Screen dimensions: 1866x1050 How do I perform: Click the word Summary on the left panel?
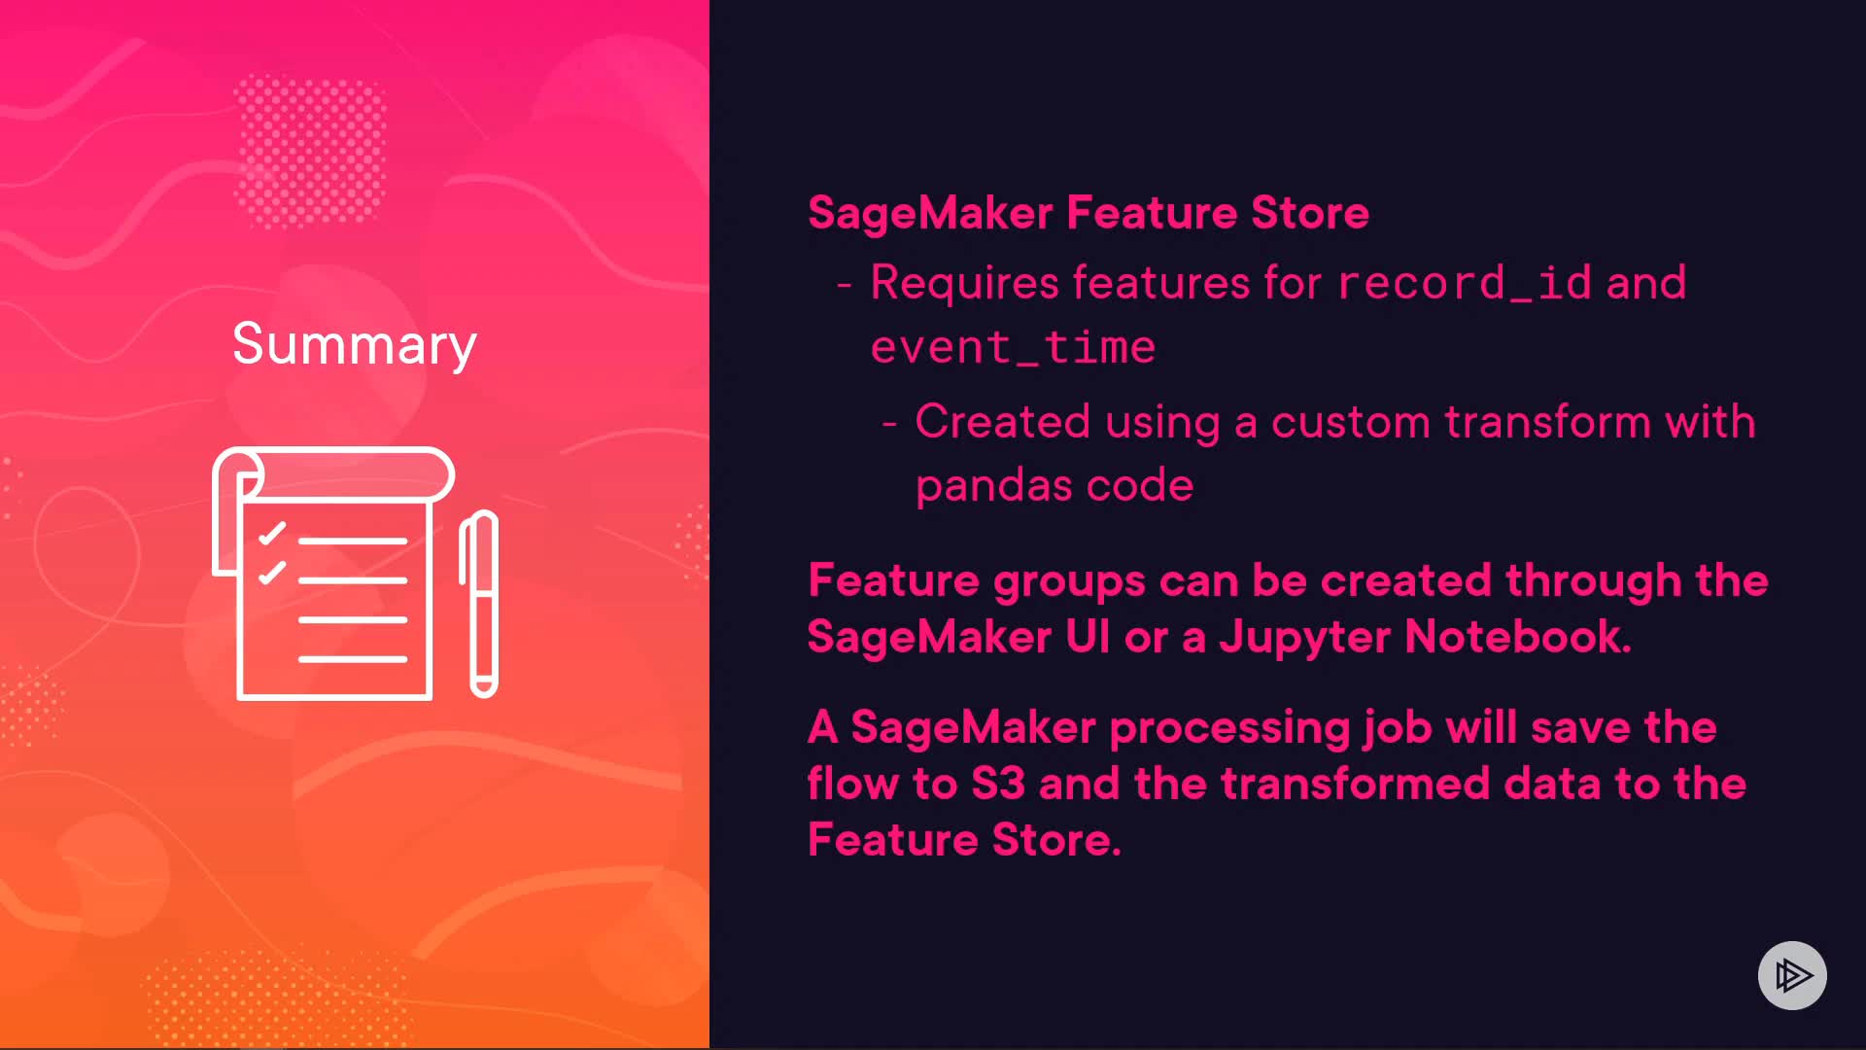tap(355, 345)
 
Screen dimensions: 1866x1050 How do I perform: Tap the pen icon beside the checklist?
tap(479, 604)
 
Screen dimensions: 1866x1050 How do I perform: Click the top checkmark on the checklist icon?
tap(272, 533)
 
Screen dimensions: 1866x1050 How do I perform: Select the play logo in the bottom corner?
tap(1792, 975)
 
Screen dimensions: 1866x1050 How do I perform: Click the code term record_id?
tap(1465, 283)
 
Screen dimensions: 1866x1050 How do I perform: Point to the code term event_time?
tap(1013, 347)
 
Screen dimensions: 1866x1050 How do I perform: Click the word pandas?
tap(993, 485)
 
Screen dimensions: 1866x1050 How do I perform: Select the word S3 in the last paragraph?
tap(998, 784)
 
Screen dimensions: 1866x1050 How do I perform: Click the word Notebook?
tap(1518, 637)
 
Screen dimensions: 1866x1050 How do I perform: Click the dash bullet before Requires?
tap(844, 285)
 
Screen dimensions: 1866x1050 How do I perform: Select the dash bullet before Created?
tap(888, 424)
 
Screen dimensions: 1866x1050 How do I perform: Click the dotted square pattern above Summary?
tap(311, 151)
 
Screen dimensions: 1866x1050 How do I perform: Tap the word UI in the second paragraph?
tap(1088, 637)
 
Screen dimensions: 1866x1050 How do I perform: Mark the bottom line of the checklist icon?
tap(353, 659)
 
